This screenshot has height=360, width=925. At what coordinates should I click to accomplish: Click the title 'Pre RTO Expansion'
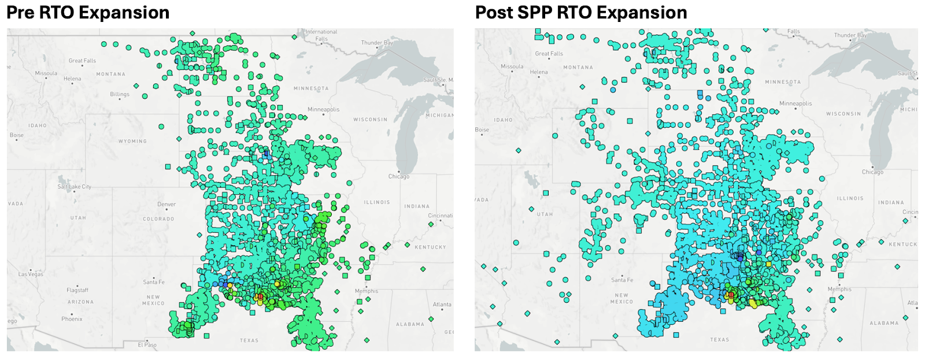click(x=88, y=12)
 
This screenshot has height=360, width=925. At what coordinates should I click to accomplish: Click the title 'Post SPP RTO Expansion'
click(x=581, y=12)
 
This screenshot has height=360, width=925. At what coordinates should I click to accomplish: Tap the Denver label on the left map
click(x=166, y=204)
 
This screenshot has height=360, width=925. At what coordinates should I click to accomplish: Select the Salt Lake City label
click(x=74, y=187)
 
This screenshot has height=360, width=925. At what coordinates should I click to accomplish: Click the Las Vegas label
click(x=31, y=274)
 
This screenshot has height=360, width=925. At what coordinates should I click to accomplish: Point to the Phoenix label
click(x=72, y=319)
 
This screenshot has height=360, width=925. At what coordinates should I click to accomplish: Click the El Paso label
click(x=147, y=344)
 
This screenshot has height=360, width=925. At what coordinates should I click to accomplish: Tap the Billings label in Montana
click(x=120, y=94)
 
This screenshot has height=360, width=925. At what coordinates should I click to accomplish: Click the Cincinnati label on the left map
click(x=440, y=216)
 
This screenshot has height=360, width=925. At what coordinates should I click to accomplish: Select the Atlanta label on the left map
click(x=442, y=305)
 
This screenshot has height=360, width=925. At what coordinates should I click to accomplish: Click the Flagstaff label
click(x=77, y=290)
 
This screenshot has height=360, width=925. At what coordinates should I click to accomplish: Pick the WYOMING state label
click(x=132, y=141)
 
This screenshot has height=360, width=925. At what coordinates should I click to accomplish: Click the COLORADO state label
click(x=158, y=219)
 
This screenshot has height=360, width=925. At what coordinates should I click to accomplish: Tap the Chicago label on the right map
click(x=872, y=172)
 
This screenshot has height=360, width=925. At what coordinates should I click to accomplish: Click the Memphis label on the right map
click(x=839, y=289)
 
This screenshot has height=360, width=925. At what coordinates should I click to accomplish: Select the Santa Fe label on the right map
click(x=622, y=280)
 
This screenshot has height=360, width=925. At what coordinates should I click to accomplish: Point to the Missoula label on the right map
click(x=512, y=66)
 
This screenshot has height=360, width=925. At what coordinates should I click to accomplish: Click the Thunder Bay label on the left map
click(x=377, y=43)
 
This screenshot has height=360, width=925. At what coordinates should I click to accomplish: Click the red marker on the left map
click(x=260, y=296)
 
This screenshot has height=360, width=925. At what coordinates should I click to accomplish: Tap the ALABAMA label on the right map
click(x=884, y=323)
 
